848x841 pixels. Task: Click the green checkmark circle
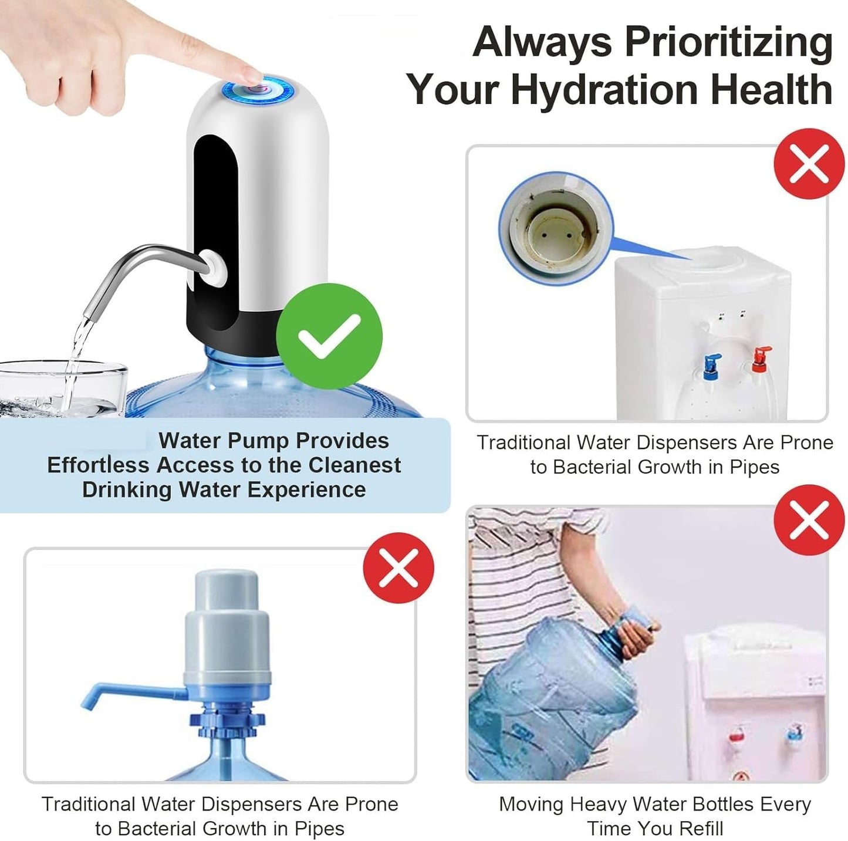[x=329, y=336]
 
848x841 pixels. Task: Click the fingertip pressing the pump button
[x=249, y=75]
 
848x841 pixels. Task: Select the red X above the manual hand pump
[x=398, y=568]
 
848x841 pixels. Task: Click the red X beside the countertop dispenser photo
[x=809, y=164]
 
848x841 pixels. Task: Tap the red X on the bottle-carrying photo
[x=809, y=520]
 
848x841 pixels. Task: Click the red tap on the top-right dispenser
[x=761, y=357]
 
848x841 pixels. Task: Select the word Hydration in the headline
[x=604, y=90]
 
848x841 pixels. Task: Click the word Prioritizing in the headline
[x=728, y=42]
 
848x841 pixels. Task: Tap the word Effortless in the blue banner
[x=99, y=465]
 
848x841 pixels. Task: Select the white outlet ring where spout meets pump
[x=212, y=266]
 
